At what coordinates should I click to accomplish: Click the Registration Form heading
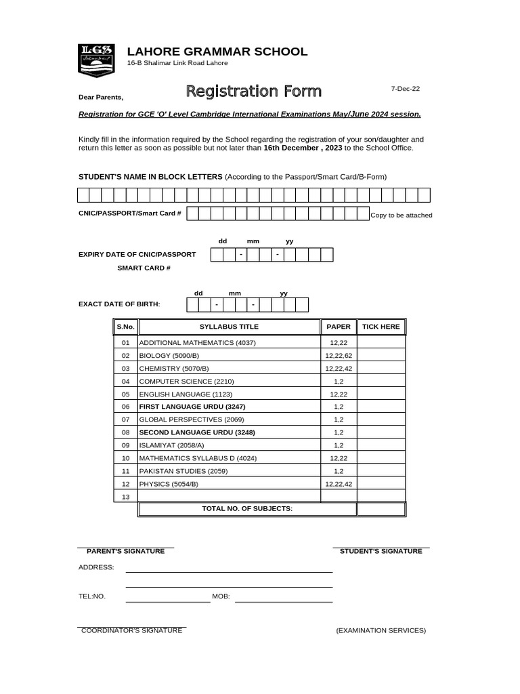(x=254, y=91)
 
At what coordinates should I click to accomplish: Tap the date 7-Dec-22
(x=406, y=89)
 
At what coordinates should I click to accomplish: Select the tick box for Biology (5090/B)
(x=381, y=355)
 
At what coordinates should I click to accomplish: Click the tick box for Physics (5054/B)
(x=381, y=484)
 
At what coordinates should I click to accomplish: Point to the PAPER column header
(x=339, y=327)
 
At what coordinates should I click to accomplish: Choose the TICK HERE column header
(x=381, y=327)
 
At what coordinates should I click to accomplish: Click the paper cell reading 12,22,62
(x=339, y=355)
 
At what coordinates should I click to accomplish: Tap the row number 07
(x=125, y=420)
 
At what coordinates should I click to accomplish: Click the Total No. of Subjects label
(x=247, y=508)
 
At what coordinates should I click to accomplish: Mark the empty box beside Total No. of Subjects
(x=381, y=509)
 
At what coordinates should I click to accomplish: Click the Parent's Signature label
(x=125, y=551)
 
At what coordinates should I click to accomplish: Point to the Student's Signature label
(x=381, y=551)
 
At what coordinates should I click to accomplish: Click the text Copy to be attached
(x=401, y=216)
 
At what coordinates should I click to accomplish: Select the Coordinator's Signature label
(x=131, y=630)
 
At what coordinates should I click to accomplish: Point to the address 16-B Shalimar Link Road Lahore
(x=177, y=63)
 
